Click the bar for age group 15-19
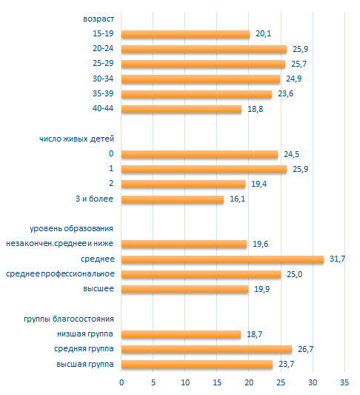[185, 34]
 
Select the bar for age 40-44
[181, 109]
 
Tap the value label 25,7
[299, 64]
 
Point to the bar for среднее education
[222, 259]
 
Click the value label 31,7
[337, 259]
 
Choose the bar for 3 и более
[173, 199]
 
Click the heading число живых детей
[76, 139]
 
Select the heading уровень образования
[71, 229]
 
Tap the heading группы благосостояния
[69, 319]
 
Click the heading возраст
[99, 19]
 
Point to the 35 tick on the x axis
[344, 382]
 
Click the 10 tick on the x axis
[185, 382]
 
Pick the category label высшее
[99, 289]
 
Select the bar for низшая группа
[181, 334]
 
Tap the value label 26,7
[306, 349]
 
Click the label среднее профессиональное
[60, 273]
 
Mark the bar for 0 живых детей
[199, 154]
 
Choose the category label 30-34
[103, 79]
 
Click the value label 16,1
[237, 199]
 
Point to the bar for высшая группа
[197, 365]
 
